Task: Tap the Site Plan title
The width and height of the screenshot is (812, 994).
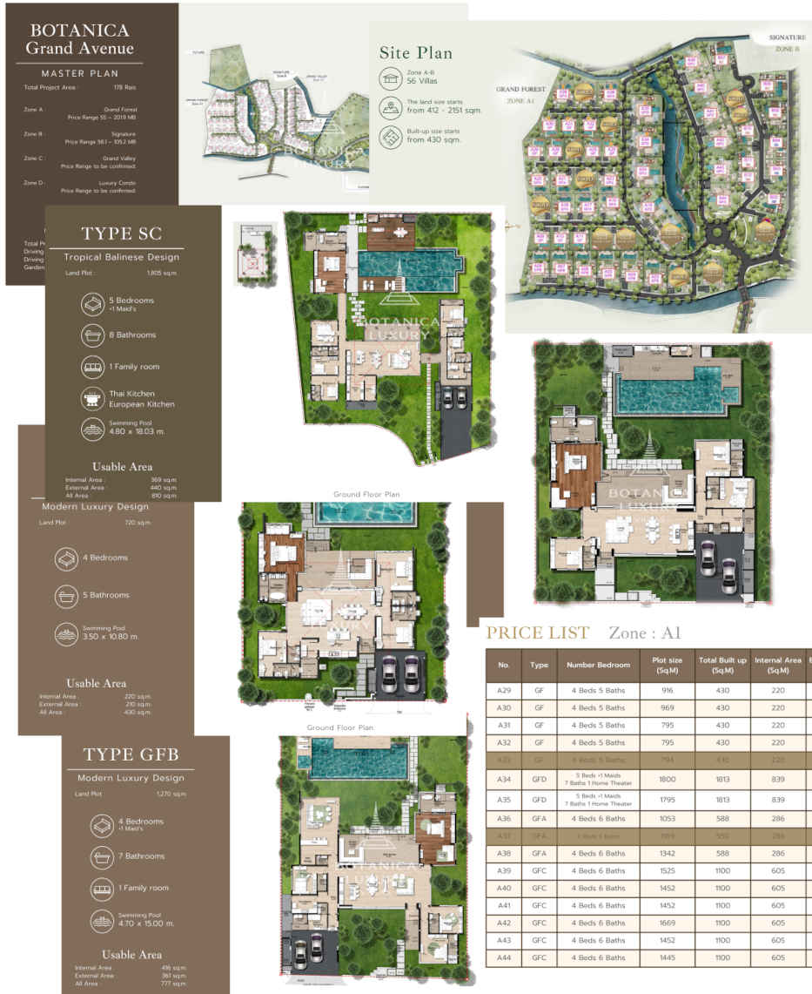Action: point(415,52)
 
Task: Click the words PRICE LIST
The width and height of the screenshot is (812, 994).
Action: point(537,632)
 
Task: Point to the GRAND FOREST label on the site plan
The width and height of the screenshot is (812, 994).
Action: point(520,89)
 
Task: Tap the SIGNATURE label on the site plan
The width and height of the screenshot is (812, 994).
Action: point(787,38)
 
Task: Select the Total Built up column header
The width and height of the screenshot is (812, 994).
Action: point(721,665)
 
